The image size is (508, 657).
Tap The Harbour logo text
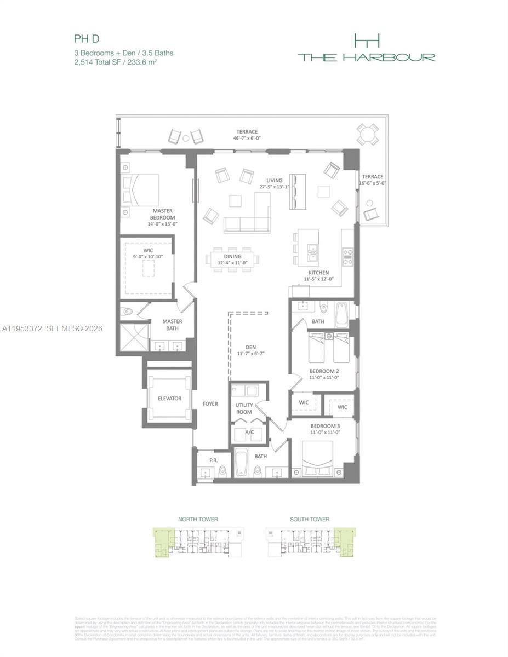[367, 57]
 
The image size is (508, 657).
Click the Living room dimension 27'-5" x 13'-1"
[275, 187]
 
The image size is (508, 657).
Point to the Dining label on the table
[233, 256]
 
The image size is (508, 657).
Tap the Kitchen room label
[318, 272]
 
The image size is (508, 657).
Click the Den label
[250, 347]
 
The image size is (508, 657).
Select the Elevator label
[169, 399]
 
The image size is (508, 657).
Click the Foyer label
[210, 404]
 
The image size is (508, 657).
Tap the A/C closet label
[249, 431]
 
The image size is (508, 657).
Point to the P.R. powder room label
[207, 460]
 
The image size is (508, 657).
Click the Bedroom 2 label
[324, 371]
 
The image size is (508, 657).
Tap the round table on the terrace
[367, 134]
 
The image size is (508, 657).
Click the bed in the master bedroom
[140, 190]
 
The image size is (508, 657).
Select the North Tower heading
[198, 519]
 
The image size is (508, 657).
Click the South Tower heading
[310, 519]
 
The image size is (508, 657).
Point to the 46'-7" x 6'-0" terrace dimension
[247, 139]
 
